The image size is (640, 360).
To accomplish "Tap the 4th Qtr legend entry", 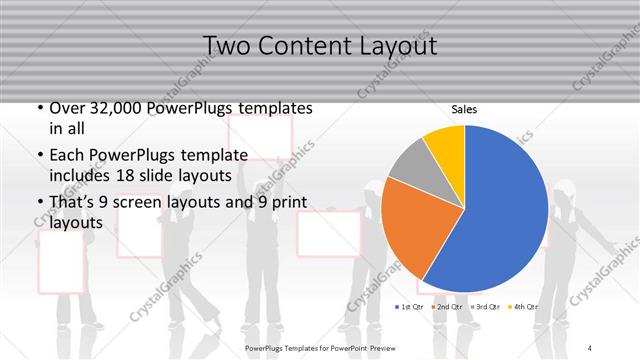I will click(x=523, y=306).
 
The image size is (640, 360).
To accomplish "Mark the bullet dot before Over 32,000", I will click(x=39, y=107).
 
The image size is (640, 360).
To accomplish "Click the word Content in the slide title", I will click(x=301, y=46).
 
